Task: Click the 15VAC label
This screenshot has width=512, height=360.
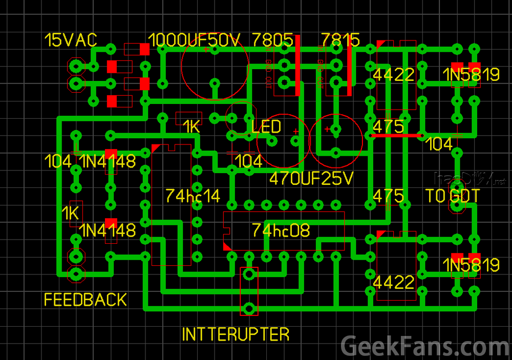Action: [71, 40]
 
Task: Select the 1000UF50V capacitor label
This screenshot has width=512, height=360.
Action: [194, 40]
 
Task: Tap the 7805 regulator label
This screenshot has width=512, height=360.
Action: [273, 40]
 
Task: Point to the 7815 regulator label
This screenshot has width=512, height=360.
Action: [340, 40]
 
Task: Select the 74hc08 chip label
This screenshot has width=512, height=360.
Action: [281, 230]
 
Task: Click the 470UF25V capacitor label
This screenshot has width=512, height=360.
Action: [311, 179]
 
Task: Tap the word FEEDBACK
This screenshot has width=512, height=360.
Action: [86, 300]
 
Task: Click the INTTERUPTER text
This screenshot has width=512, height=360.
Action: [236, 334]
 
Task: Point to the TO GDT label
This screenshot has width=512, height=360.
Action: [453, 196]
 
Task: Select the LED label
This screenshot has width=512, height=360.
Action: [266, 126]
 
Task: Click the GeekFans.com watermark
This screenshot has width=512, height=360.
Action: [425, 347]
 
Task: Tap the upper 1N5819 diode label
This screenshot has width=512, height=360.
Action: [471, 75]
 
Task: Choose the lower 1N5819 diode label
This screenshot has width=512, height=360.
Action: [471, 265]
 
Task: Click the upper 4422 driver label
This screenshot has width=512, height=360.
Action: [394, 75]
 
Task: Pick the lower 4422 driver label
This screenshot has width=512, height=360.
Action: [394, 282]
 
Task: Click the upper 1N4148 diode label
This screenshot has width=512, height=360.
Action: [108, 161]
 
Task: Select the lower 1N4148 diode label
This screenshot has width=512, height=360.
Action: [108, 230]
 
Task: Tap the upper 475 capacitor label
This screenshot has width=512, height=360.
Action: [388, 126]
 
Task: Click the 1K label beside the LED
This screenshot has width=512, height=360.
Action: [191, 126]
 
